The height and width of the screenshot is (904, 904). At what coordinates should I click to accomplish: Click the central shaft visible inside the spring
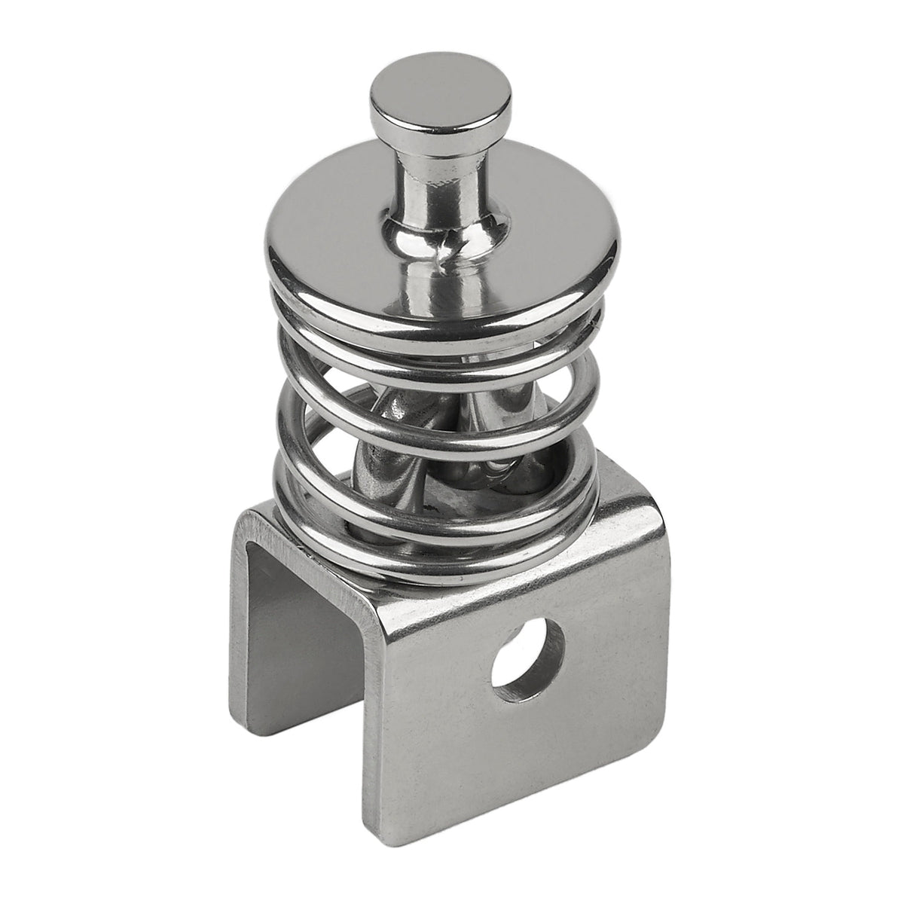pyautogui.click(x=422, y=422)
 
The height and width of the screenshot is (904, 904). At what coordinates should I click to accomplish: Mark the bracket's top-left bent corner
pyautogui.click(x=249, y=520)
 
